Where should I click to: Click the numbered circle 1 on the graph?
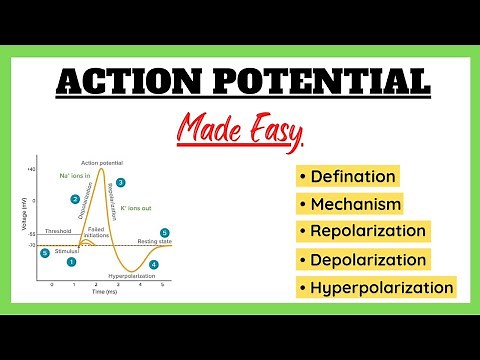pos(71,262)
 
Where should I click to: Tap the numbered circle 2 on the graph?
pos(75,200)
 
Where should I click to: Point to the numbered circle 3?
pos(121,183)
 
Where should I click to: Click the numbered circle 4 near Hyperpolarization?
pos(153,264)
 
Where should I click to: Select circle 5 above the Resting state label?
pos(165,232)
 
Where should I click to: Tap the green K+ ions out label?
pos(136,209)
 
